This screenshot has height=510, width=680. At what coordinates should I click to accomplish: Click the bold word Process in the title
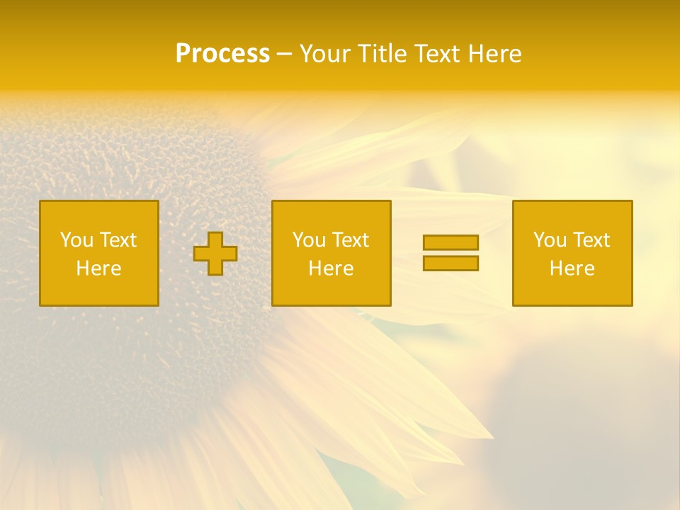pos(222,54)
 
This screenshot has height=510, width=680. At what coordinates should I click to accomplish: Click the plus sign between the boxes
pos(215,254)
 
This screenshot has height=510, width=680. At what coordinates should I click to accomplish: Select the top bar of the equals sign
pos(450,242)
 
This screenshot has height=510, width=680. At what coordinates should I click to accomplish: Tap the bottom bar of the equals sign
pos(450,263)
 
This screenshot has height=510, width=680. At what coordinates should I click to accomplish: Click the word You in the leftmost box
pos(76,240)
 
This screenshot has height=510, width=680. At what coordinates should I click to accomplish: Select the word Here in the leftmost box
pos(98,268)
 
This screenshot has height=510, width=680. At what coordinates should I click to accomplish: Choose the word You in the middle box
pos(309,240)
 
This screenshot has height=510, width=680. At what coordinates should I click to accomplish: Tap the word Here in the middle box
pos(331,268)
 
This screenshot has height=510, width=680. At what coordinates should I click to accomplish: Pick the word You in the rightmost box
pos(550,240)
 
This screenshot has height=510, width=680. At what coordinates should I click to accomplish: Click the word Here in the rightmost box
pos(572,268)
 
